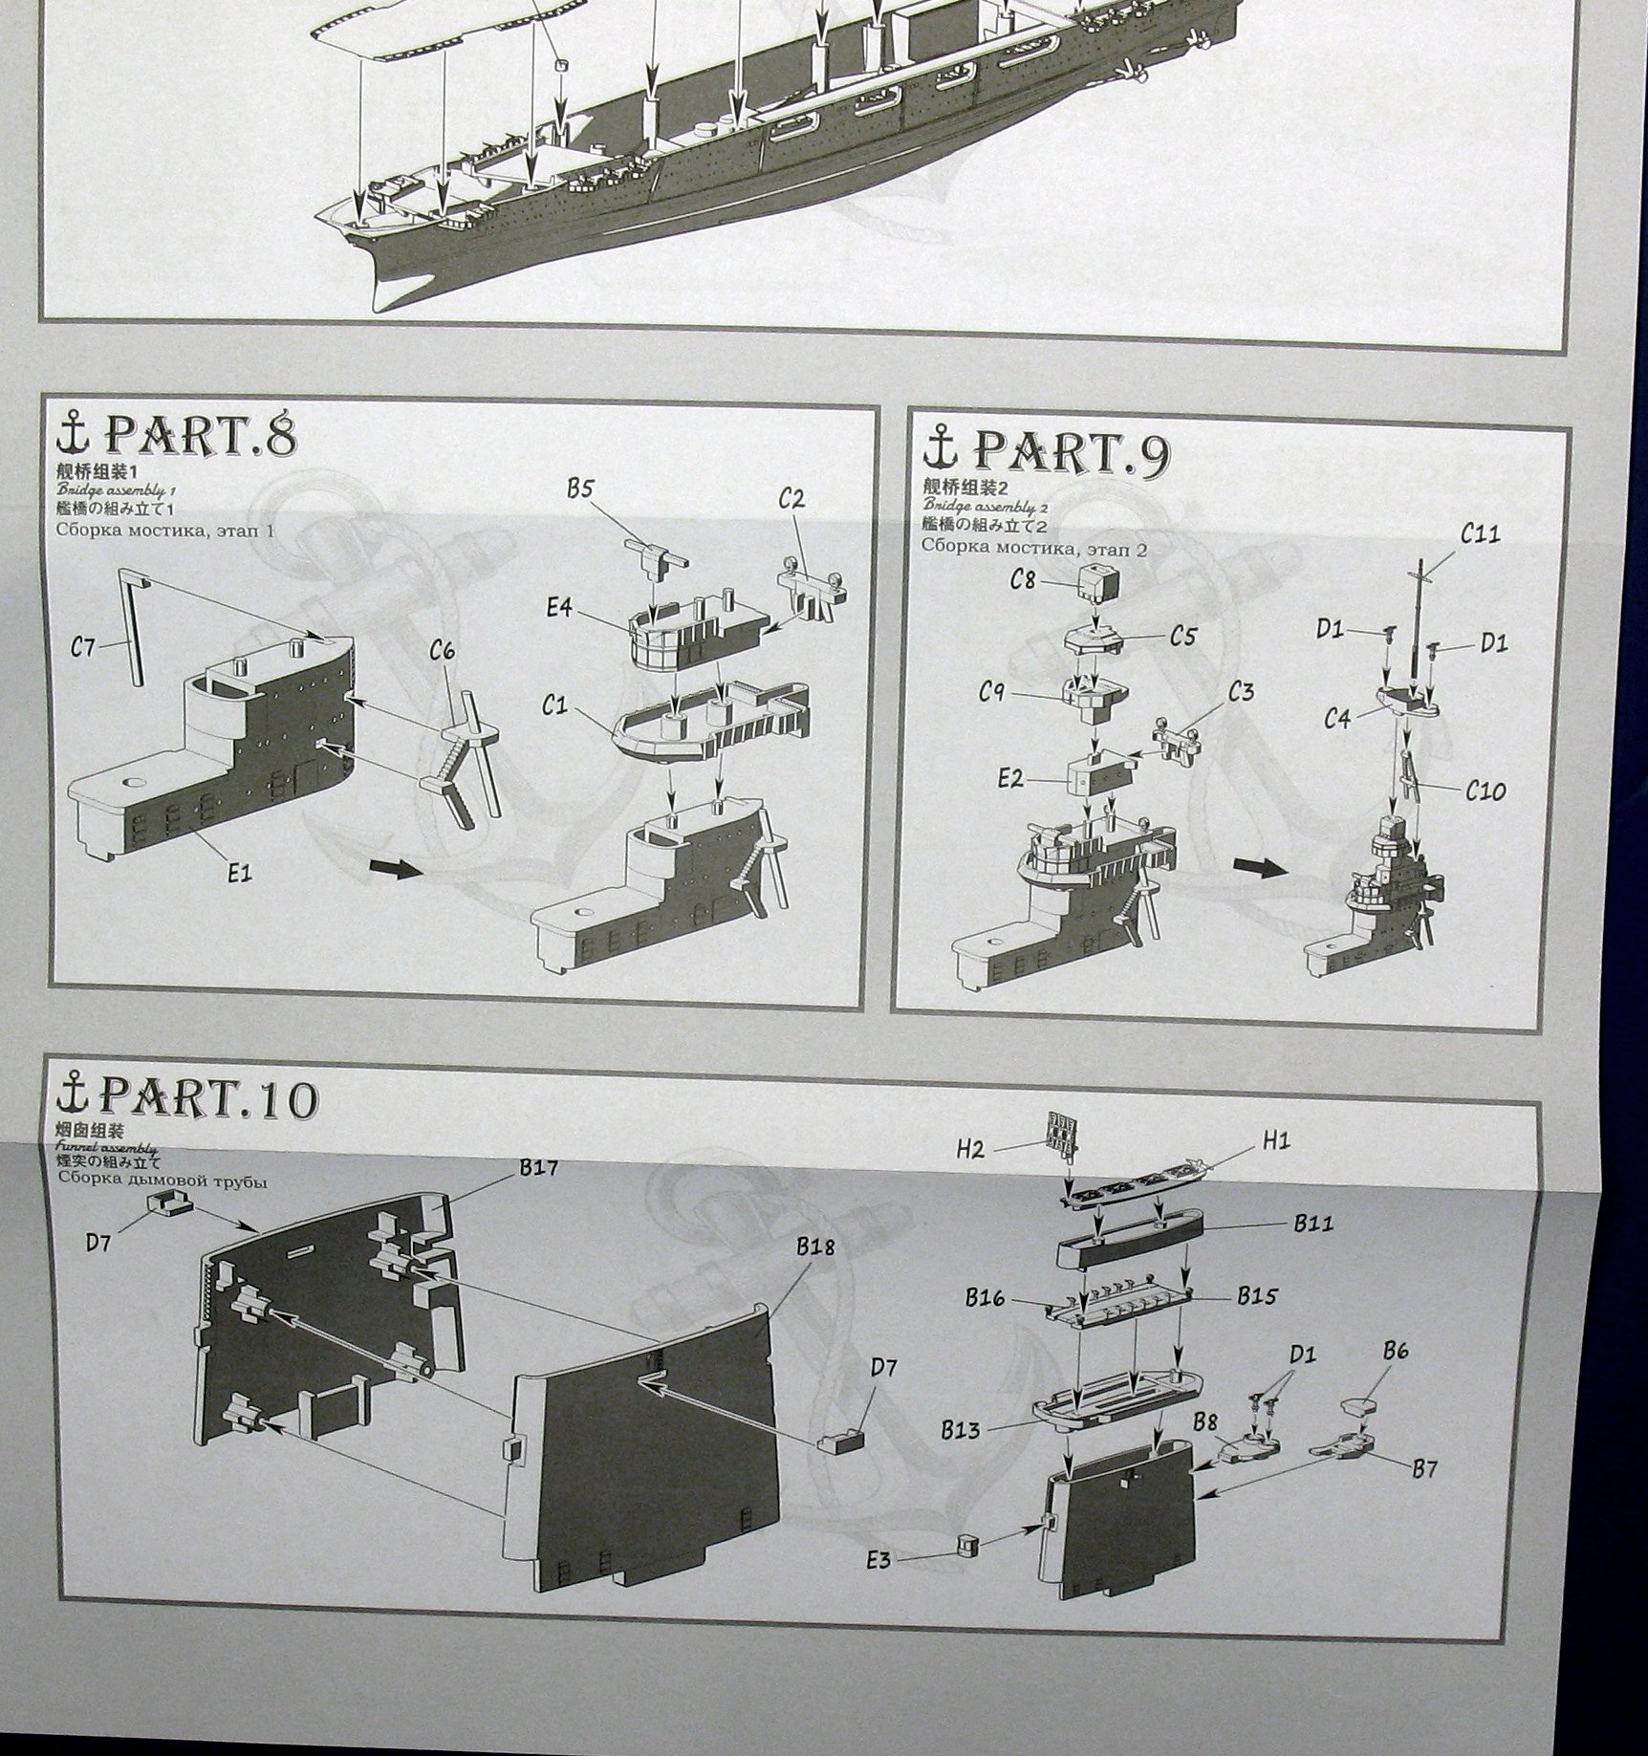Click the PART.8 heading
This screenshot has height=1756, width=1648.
199,435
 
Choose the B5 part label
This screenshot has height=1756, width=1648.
579,488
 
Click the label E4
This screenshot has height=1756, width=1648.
559,607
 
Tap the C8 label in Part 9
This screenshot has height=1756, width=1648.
1023,579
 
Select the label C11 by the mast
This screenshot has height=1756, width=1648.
1480,533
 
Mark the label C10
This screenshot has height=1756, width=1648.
1485,791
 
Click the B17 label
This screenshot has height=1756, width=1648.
538,1167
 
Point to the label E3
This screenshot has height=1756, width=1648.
878,1559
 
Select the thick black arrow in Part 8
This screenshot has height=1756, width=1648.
393,870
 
